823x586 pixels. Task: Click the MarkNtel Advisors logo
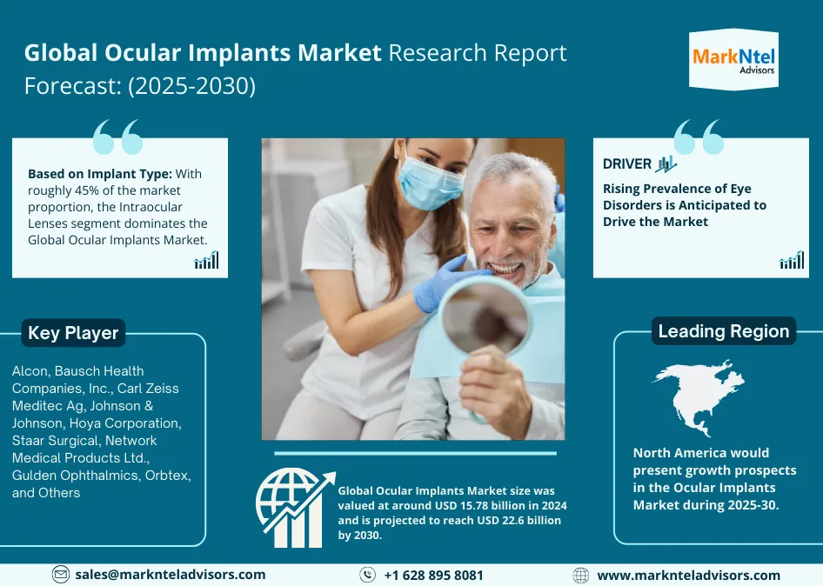pyautogui.click(x=733, y=60)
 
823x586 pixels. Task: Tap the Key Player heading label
pyautogui.click(x=73, y=333)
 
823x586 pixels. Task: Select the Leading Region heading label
pyautogui.click(x=723, y=331)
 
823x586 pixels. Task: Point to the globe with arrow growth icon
pyautogui.click(x=294, y=509)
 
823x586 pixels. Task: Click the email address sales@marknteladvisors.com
pyautogui.click(x=170, y=575)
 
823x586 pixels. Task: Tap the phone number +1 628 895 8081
pyautogui.click(x=433, y=576)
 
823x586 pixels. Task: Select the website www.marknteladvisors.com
pyautogui.click(x=688, y=576)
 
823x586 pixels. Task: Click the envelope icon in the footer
pyautogui.click(x=61, y=575)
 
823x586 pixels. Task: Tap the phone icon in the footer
pyautogui.click(x=368, y=575)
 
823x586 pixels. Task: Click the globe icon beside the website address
pyautogui.click(x=581, y=576)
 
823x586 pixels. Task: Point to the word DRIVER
pyautogui.click(x=627, y=163)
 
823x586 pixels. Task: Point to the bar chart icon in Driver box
pyautogui.click(x=792, y=260)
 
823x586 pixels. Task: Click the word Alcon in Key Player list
pyautogui.click(x=30, y=371)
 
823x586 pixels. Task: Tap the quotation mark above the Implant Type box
pyautogui.click(x=117, y=137)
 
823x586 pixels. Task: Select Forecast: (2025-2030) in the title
pyautogui.click(x=140, y=86)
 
